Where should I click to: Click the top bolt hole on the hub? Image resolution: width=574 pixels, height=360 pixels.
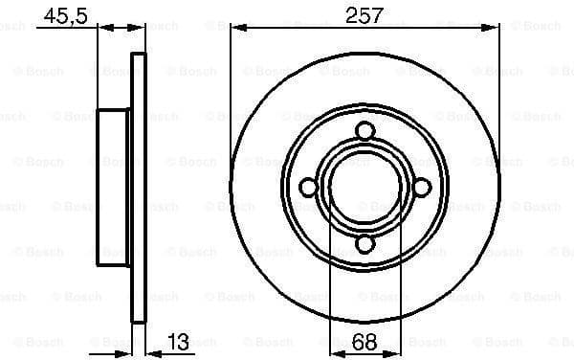365,132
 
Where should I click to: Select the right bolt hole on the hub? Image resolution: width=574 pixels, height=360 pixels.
421,188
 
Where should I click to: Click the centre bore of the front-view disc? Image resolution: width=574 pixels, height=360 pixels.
365,188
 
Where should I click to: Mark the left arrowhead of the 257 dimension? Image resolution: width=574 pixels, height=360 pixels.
236,29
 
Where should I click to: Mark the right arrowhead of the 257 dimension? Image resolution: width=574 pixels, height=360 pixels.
496,29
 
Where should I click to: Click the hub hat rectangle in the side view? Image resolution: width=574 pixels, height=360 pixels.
114,188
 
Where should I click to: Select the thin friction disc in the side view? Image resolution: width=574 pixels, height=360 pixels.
138,188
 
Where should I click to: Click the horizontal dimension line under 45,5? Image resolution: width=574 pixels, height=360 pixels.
67,29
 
